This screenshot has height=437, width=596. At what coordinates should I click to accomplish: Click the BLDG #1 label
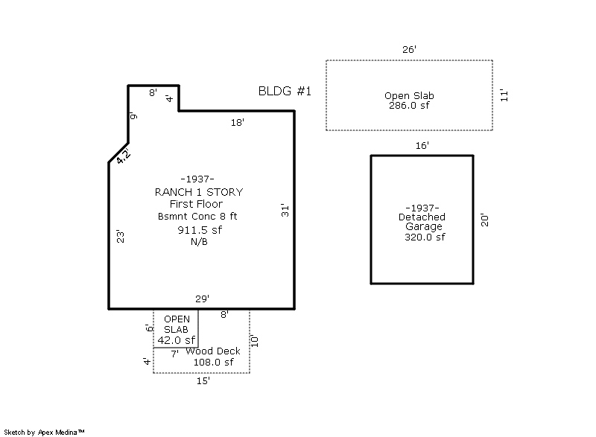[x=285, y=91]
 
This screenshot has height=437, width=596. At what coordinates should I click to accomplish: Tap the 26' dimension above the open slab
[x=409, y=49]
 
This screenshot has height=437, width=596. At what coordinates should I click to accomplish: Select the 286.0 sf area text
[x=409, y=106]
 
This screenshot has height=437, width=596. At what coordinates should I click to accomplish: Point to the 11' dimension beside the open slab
[x=504, y=95]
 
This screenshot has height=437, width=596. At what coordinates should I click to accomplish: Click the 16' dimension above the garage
[x=422, y=145]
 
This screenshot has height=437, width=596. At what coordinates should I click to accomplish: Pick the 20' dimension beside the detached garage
[x=485, y=220]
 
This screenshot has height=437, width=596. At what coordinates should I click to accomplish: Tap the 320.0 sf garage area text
[x=425, y=237]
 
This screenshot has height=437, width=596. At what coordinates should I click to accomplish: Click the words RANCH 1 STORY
[x=199, y=192]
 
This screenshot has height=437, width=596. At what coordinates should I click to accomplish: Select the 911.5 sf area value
[x=200, y=230]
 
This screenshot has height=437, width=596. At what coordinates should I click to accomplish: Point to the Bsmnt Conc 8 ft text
[x=197, y=217]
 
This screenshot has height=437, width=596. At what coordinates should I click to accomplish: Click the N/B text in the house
[x=199, y=242]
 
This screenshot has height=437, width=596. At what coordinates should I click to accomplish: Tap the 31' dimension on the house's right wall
[x=285, y=211]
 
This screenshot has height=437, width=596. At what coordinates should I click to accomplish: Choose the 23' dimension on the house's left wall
[x=120, y=236]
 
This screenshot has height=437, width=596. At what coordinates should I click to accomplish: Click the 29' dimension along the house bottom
[x=203, y=299]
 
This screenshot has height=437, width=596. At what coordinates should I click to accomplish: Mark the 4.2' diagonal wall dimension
[x=124, y=156]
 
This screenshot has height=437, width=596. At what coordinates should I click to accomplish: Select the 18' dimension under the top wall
[x=238, y=122]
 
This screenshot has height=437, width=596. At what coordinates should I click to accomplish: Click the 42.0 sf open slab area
[x=177, y=340]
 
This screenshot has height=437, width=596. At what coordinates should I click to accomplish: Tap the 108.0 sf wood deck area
[x=214, y=363]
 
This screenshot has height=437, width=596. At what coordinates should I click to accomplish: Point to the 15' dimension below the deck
[x=203, y=381]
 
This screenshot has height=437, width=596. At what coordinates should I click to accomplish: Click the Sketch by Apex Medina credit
[x=44, y=432]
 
